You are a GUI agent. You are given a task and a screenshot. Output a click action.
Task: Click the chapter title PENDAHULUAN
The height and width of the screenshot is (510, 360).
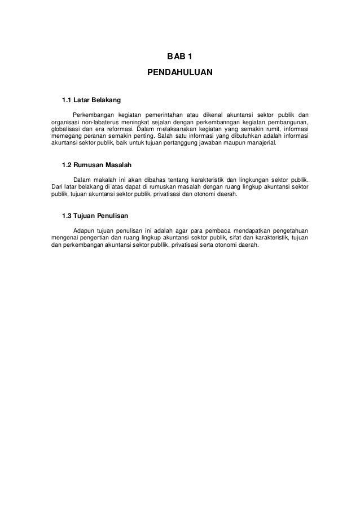pyautogui.click(x=179, y=73)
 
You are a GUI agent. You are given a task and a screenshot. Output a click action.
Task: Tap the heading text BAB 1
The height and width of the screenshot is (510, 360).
pyautogui.click(x=179, y=57)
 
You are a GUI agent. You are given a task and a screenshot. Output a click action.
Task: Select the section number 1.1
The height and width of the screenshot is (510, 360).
pyautogui.click(x=67, y=101)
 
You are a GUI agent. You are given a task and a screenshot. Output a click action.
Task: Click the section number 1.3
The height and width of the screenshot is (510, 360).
pyautogui.click(x=67, y=215)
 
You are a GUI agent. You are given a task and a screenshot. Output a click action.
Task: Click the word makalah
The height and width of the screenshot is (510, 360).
pyautogui.click(x=107, y=180)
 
